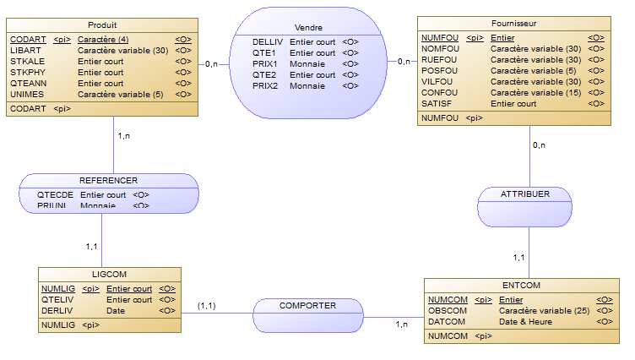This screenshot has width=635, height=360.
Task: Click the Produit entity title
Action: [102, 25]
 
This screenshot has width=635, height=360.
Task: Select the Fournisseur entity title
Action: [513, 24]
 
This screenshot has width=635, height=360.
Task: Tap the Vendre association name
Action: [302, 28]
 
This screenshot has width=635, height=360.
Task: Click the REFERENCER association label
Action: [108, 181]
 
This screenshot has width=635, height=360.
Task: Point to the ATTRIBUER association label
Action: [524, 194]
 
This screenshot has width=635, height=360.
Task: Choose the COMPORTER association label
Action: [308, 306]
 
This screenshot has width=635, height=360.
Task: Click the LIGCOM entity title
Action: [109, 275]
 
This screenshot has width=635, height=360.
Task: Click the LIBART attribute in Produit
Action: [23, 51]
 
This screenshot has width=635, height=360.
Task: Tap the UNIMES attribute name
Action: [25, 95]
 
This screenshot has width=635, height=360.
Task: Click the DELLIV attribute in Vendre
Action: [267, 41]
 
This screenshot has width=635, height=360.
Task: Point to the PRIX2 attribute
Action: [265, 85]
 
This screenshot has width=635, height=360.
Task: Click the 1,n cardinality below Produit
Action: [123, 136]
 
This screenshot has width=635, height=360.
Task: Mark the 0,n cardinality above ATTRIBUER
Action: [538, 145]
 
